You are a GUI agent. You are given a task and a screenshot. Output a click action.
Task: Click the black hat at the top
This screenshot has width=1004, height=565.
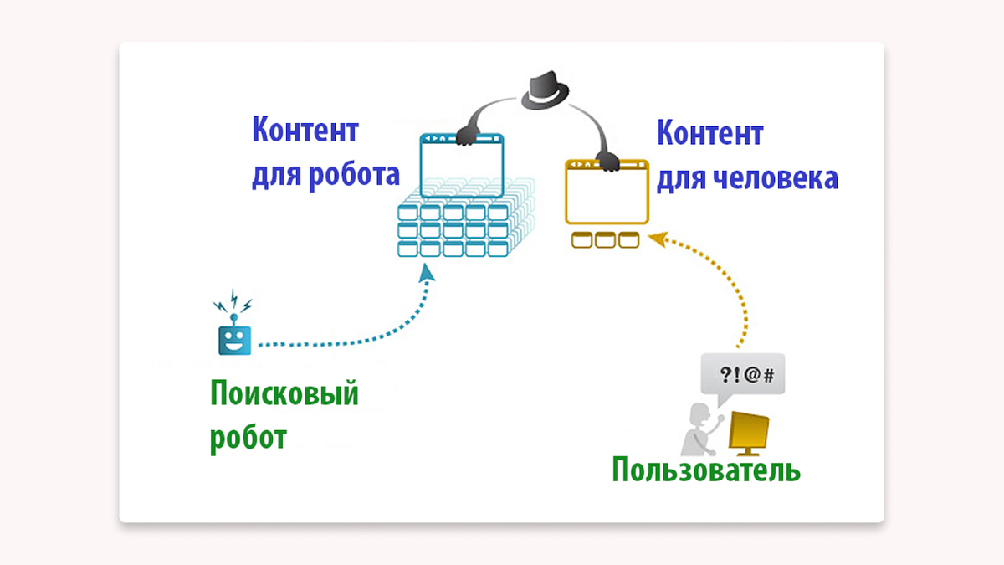coord(545,91)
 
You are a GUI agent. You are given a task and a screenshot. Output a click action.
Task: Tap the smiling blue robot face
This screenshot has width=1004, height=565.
coord(234,341)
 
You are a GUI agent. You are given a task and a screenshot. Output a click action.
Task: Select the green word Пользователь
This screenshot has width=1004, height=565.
coord(706,470)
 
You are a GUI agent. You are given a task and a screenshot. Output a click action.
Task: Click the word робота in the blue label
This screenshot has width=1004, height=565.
coord(354,175)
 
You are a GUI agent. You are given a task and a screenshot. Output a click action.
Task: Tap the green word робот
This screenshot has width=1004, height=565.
coord(248,438)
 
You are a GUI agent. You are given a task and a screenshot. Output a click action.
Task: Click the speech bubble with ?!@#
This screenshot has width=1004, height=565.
coord(742,376)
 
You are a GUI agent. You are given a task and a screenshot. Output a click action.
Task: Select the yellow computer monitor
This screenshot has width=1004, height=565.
coord(748,434)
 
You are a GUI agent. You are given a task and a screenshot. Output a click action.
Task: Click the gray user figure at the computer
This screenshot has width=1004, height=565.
coord(699,429)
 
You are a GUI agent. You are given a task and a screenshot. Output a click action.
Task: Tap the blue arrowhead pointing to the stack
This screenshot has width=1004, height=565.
coord(426,273)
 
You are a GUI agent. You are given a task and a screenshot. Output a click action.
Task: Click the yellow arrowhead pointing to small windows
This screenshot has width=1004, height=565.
coord(658,239)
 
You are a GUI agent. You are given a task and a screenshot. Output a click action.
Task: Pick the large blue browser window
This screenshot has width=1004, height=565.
coord(462,166)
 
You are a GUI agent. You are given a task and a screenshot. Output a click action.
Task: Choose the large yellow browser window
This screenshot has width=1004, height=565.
coord(607,192)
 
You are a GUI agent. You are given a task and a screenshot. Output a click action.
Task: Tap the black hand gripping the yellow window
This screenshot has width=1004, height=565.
coord(609,162)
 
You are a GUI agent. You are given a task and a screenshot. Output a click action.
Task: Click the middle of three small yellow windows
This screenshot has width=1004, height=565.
coord(605,240)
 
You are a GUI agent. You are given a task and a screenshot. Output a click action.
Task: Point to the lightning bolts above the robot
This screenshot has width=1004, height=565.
coord(233,300)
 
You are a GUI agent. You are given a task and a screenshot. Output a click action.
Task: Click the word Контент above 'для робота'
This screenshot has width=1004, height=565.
coord(305,130)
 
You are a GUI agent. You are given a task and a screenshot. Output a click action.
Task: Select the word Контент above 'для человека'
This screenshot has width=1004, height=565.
coord(710,133)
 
